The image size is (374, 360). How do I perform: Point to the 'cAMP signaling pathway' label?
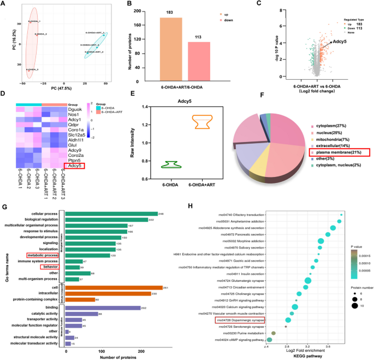pyautogui.click(x=242, y=339)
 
